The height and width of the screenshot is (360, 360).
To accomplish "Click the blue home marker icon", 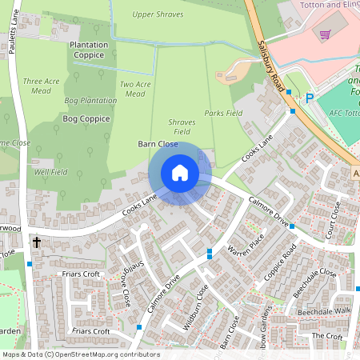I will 180,173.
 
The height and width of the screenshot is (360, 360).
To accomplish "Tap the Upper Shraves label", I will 158,14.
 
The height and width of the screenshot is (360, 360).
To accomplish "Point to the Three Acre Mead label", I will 41,86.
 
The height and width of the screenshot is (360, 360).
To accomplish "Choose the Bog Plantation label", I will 90,100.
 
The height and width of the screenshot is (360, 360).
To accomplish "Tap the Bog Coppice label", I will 85,118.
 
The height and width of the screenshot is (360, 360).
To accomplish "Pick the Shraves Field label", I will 182,126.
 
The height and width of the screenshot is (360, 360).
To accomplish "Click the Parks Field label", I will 223,114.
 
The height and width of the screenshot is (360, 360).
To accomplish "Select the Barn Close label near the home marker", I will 157,144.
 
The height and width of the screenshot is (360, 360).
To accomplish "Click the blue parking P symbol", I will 309,99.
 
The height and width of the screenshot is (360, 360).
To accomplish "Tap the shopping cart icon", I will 325,34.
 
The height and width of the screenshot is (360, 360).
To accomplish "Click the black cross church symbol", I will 36,241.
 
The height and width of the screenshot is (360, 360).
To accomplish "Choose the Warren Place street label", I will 246,250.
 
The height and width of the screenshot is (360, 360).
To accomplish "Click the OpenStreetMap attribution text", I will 81,354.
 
